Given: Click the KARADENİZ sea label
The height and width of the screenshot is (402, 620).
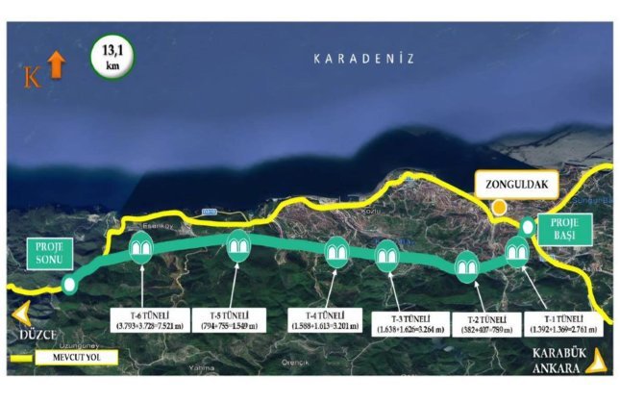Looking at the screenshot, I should [363, 59].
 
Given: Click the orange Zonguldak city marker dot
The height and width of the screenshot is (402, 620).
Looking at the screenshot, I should [499, 207].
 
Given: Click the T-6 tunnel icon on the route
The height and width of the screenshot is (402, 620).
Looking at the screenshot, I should [141, 248].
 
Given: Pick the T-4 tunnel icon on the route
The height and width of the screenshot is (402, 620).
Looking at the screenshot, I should [336, 252].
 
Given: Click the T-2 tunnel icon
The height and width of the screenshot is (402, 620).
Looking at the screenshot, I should [467, 264].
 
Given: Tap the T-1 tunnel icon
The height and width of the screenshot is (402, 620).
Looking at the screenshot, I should [516, 251].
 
